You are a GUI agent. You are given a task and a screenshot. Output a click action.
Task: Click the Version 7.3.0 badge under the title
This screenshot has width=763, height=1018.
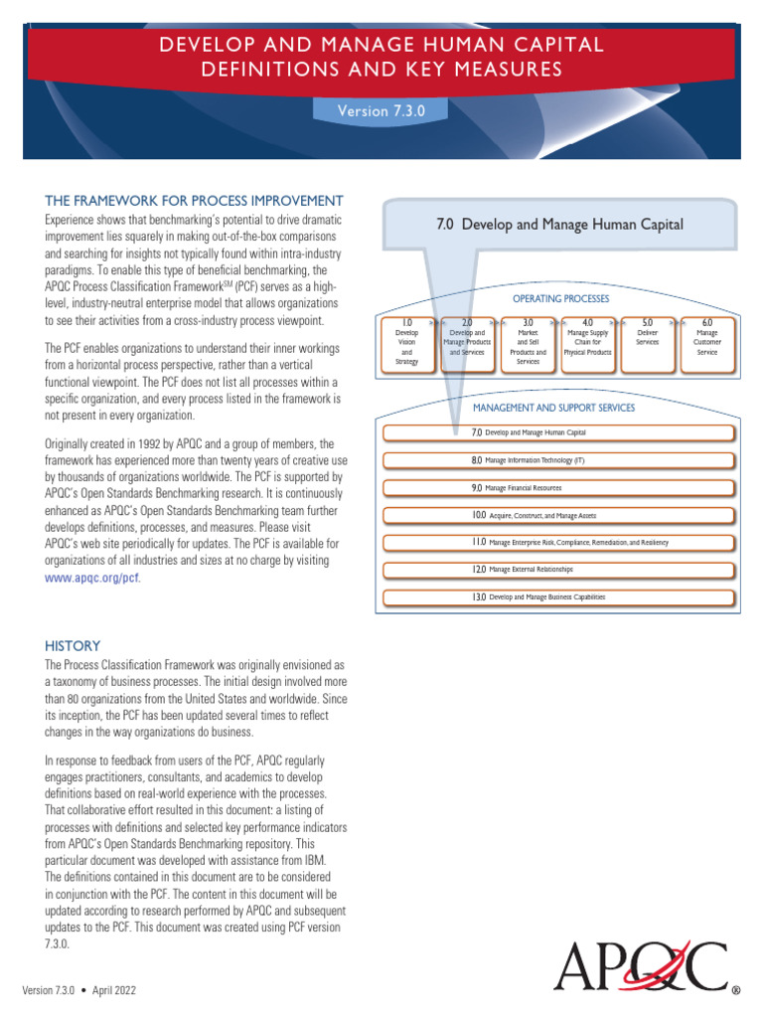[x=381, y=111]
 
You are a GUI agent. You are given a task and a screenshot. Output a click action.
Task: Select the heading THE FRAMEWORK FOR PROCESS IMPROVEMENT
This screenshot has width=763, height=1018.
[x=195, y=200]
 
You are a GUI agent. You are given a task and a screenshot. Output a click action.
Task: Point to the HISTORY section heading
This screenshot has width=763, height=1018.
[x=73, y=645]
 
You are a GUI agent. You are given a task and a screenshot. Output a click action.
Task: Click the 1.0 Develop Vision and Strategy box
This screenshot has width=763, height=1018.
[x=407, y=343]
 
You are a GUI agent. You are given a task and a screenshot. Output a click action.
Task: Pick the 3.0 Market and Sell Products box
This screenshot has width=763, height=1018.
[x=528, y=343]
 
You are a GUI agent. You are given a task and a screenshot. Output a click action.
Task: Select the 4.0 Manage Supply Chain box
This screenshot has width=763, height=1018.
[x=587, y=343]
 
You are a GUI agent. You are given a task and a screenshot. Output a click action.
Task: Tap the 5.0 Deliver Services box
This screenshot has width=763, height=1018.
[x=647, y=343]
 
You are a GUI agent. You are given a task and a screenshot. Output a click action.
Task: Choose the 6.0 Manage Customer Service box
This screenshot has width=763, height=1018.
[x=706, y=343]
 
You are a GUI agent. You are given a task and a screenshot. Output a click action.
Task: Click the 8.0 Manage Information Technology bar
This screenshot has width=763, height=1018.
[x=558, y=460]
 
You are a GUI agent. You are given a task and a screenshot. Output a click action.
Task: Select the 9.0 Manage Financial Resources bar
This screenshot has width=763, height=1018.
[x=558, y=488]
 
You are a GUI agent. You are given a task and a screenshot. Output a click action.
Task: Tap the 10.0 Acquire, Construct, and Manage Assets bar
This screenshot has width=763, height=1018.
[x=558, y=516]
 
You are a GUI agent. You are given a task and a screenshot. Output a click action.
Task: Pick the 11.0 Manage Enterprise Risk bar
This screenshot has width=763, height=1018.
[x=558, y=543]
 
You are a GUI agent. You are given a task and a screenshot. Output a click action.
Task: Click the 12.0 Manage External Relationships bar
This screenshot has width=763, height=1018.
[x=558, y=570]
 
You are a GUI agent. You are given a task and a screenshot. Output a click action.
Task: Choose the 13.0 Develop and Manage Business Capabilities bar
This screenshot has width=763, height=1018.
[x=558, y=596]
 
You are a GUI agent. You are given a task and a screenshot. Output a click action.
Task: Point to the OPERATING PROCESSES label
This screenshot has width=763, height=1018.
[x=560, y=298]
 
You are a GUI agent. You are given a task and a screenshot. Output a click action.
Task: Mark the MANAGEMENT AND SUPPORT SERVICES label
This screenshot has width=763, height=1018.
[x=553, y=408]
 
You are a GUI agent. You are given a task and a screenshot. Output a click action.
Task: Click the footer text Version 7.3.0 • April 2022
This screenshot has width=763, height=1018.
[x=79, y=991]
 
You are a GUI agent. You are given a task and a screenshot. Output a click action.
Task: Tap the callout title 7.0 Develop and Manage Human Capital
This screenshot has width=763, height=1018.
[x=559, y=225]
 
